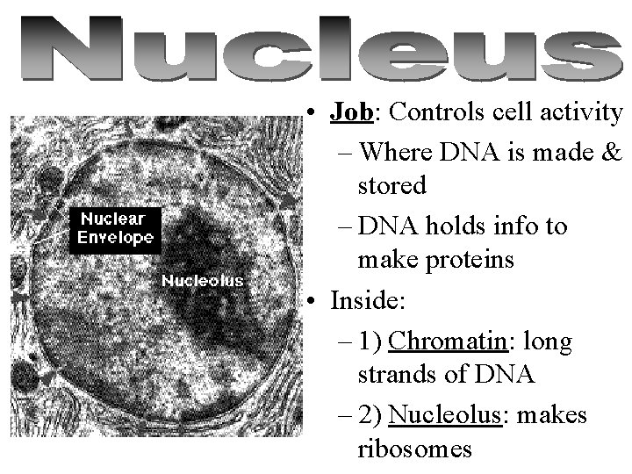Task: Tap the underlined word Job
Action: pyautogui.click(x=353, y=112)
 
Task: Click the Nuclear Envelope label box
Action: pyautogui.click(x=115, y=227)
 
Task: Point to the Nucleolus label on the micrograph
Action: pyautogui.click(x=203, y=281)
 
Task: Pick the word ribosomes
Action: pyautogui.click(x=415, y=449)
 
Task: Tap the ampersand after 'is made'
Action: pyautogui.click(x=611, y=151)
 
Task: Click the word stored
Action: pyautogui.click(x=391, y=186)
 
